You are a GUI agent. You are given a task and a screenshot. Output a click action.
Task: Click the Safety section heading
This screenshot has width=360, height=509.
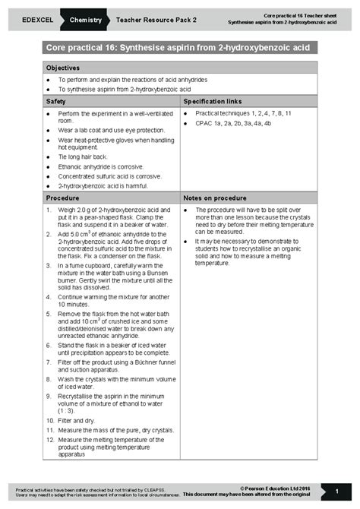(55, 100)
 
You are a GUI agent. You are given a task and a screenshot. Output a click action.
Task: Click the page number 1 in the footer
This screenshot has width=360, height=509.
(336, 492)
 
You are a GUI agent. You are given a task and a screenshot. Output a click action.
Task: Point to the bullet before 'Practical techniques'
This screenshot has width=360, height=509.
(187, 112)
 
